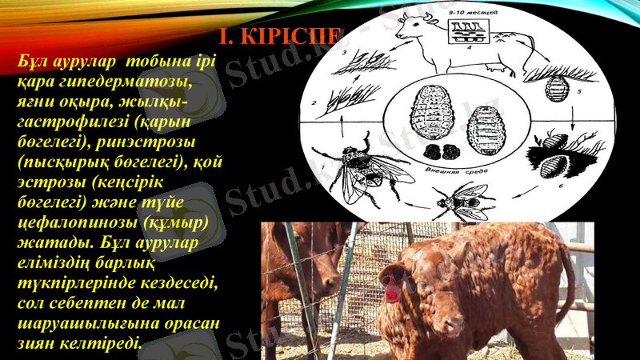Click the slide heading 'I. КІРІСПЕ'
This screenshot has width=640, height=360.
click(279, 37)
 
